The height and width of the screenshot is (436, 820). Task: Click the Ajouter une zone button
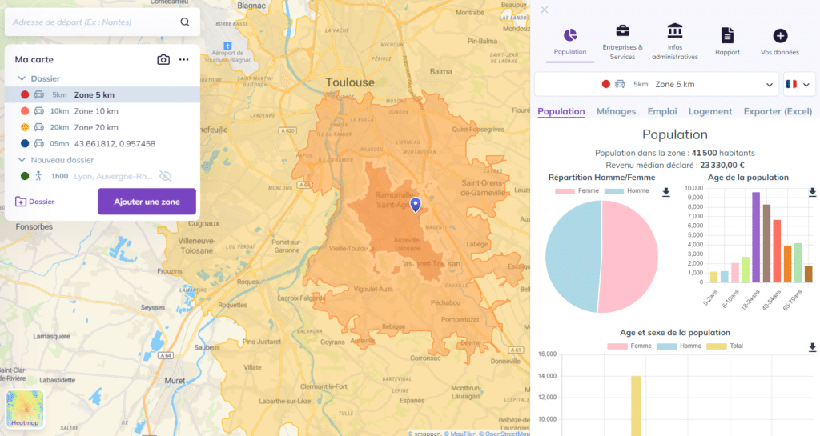147,202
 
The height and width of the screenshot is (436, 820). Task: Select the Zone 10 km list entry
96,111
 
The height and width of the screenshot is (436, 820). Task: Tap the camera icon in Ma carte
163,60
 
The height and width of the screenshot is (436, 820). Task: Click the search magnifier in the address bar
185,22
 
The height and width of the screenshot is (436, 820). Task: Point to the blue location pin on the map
415,205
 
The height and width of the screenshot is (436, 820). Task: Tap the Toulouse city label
350,82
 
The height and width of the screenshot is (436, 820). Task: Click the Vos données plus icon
780,35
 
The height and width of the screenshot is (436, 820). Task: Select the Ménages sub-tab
616,112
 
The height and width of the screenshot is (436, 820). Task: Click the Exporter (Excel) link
777,112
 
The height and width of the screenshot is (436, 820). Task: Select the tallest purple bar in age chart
755,237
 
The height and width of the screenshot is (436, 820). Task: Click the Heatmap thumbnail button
25,409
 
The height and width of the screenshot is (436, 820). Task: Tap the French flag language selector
797,84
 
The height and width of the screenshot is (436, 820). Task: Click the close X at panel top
545,10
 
